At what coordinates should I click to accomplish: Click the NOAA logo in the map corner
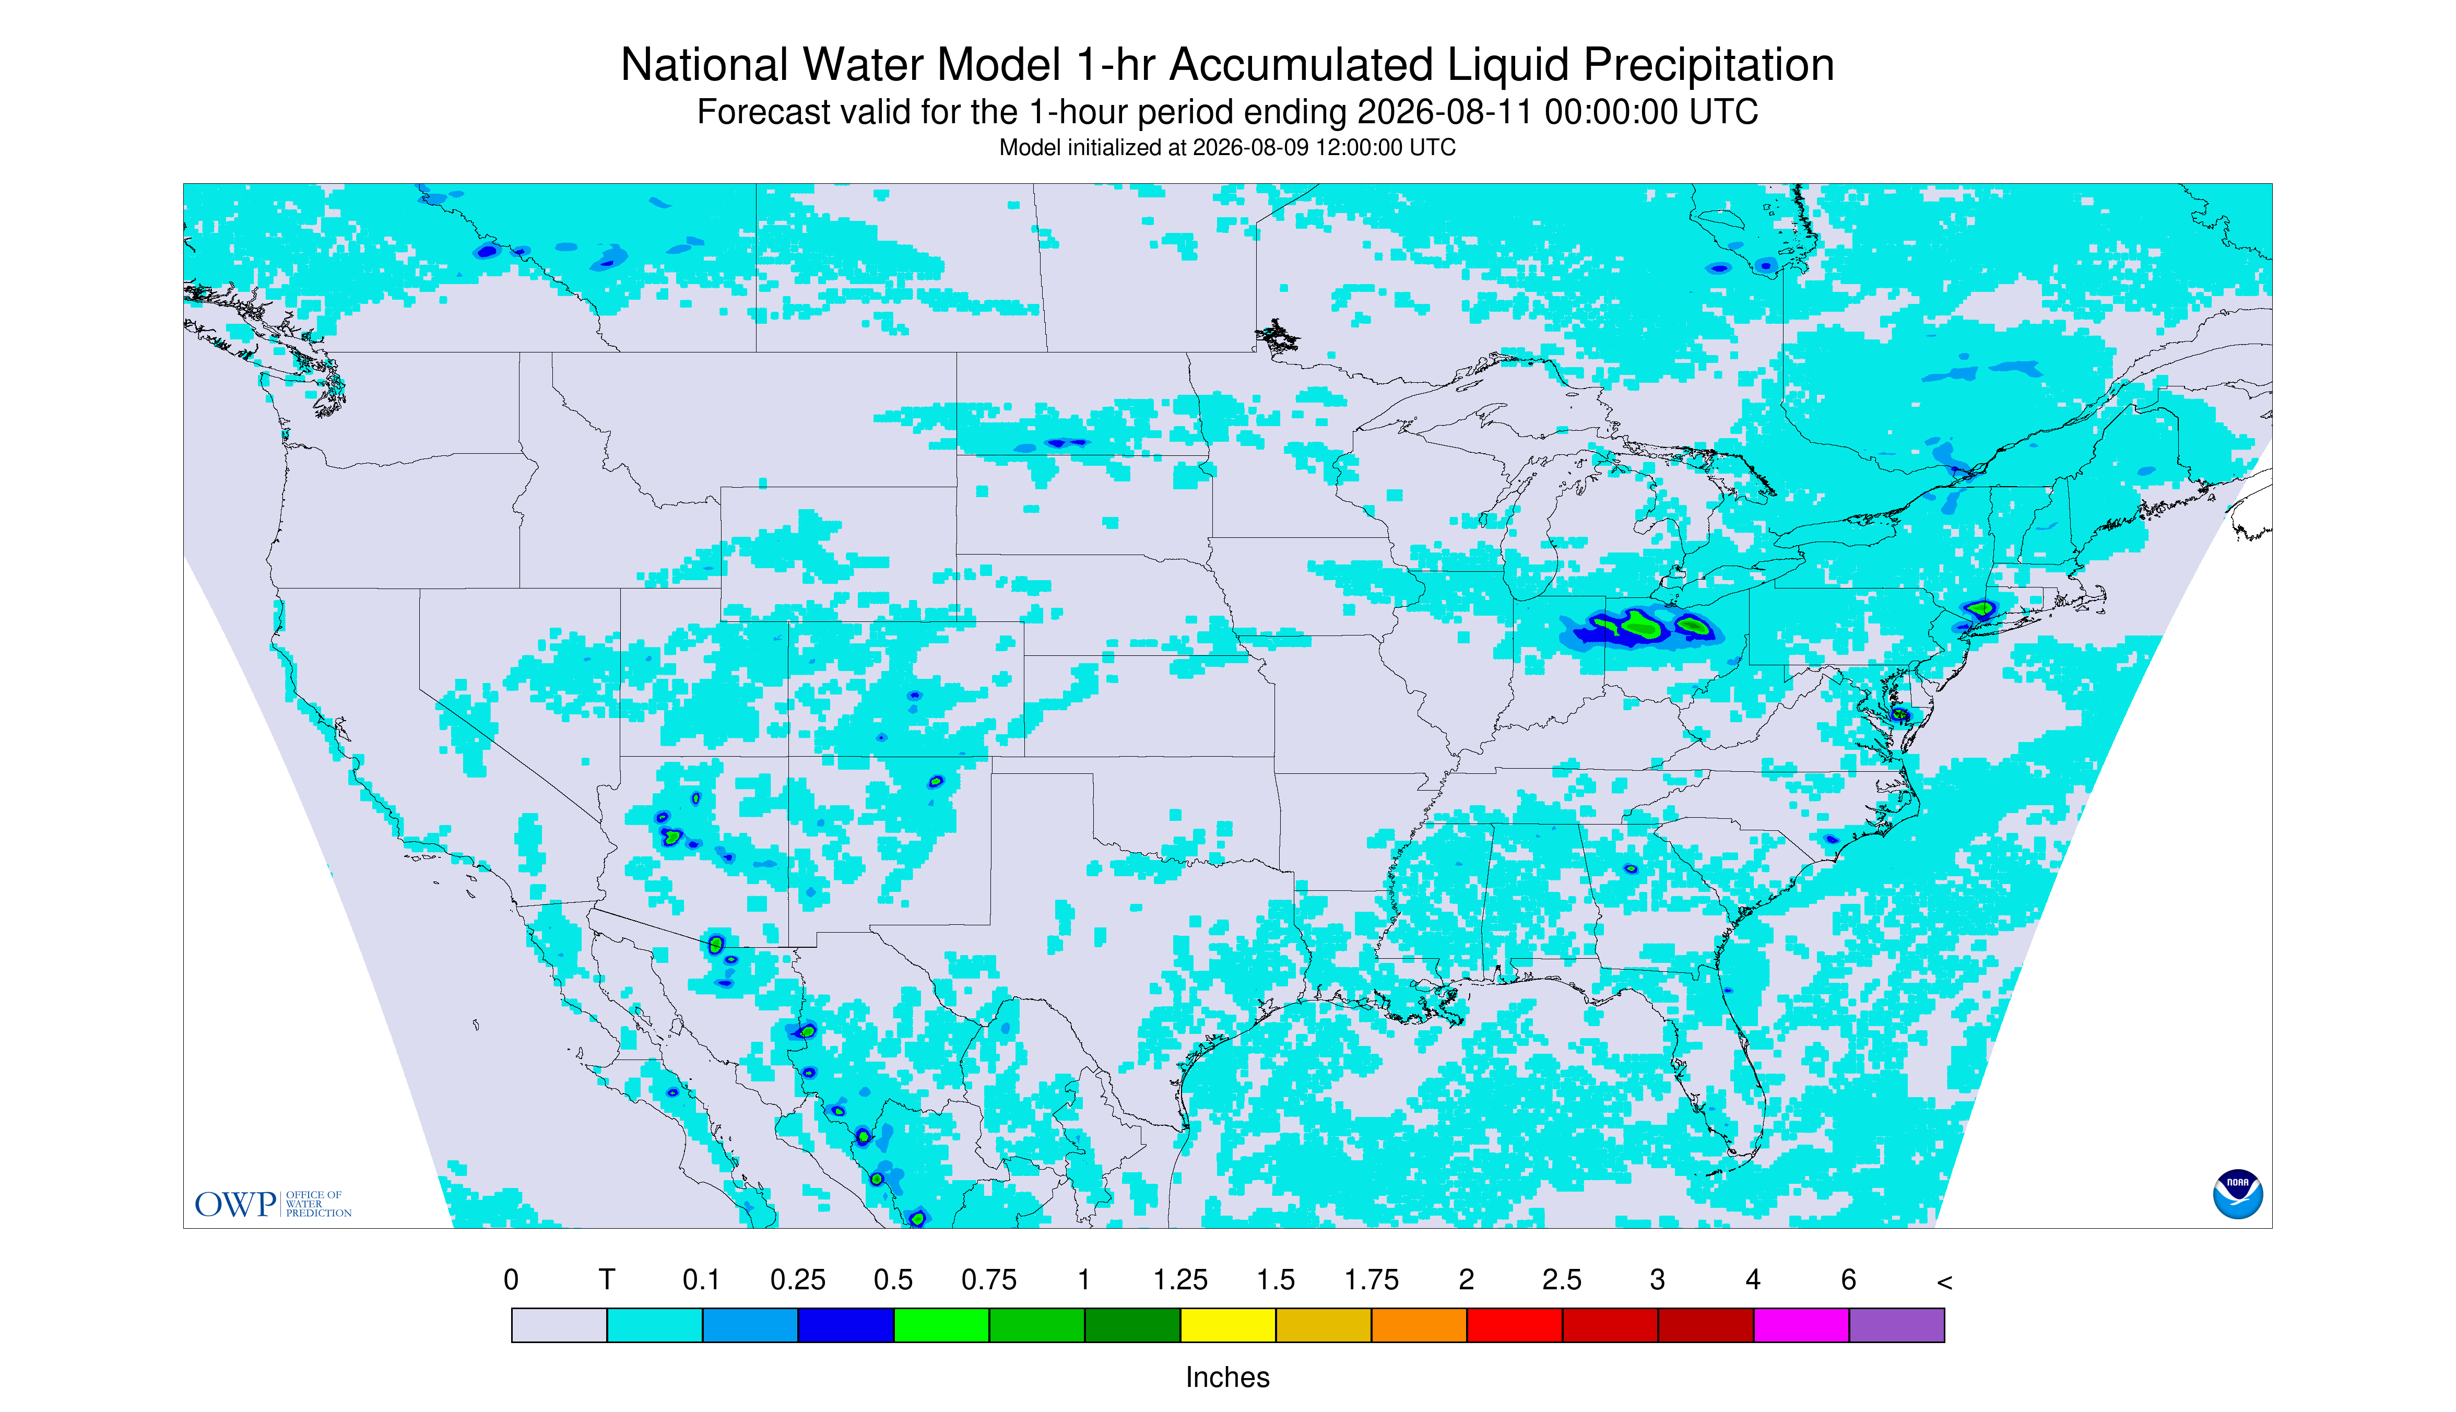[2237, 1194]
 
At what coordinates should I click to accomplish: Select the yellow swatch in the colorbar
[1227, 1325]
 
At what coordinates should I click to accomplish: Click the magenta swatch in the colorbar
[1801, 1325]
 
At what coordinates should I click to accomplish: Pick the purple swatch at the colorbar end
[1896, 1325]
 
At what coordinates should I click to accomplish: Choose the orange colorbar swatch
[1419, 1325]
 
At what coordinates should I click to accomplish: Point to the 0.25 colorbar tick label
[797, 1280]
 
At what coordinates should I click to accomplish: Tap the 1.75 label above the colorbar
[1371, 1280]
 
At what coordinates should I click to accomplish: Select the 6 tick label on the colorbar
[1848, 1280]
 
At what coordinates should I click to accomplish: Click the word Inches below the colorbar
[1227, 1377]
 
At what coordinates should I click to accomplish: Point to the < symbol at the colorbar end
[1944, 1282]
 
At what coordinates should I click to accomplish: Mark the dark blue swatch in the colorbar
[845, 1325]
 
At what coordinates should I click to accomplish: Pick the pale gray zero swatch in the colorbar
[560, 1325]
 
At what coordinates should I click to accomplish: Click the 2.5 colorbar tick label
[1562, 1280]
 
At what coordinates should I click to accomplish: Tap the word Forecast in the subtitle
[757, 112]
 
